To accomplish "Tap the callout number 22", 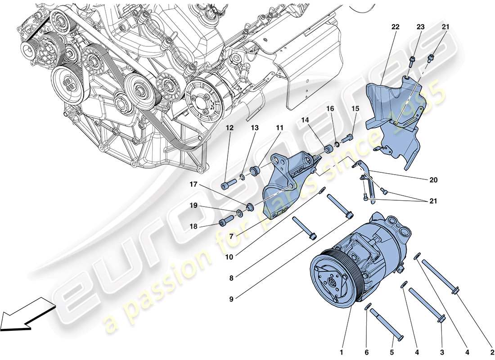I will (395, 27).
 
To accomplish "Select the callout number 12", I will (230, 128).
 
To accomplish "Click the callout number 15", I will (355, 108).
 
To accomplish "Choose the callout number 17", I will (193, 184).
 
